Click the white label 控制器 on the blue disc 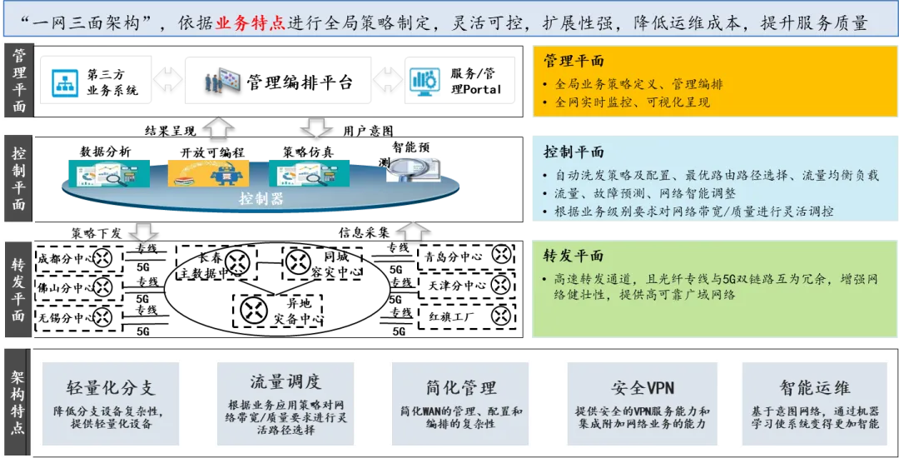(261, 198)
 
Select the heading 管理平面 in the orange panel (574, 61)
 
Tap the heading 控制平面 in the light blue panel (574, 152)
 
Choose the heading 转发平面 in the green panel (574, 256)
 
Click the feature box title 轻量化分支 (111, 388)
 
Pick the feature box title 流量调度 (286, 381)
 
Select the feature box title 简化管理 (460, 387)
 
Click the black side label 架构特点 (18, 401)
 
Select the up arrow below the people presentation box (219, 127)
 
